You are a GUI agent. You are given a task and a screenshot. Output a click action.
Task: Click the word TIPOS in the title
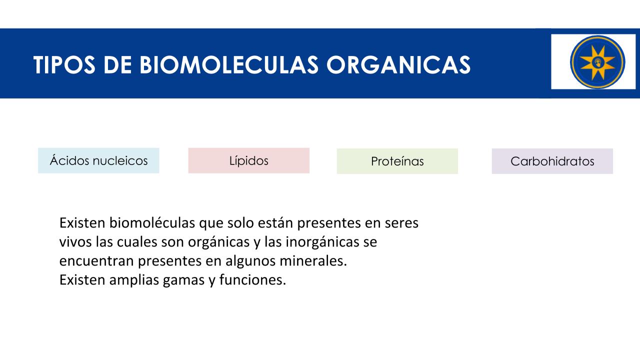(64, 65)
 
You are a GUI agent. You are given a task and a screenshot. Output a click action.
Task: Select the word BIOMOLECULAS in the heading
(229, 65)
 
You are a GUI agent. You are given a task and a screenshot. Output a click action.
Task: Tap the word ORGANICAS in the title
(398, 65)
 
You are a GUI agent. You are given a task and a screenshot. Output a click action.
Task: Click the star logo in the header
(597, 62)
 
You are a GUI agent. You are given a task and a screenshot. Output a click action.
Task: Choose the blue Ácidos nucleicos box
(98, 160)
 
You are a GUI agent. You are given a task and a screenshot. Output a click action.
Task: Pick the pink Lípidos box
(249, 160)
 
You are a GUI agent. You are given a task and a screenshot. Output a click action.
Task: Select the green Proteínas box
(397, 161)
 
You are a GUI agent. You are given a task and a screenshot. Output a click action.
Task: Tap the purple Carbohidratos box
(552, 161)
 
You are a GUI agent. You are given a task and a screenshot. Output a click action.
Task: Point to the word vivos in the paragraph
(75, 242)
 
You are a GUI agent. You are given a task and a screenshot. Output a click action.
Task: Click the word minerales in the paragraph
(313, 261)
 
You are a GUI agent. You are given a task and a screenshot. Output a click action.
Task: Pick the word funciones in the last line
(252, 279)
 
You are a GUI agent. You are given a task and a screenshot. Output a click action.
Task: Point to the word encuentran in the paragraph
(96, 261)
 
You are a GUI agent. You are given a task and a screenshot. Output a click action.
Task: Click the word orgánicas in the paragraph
(219, 242)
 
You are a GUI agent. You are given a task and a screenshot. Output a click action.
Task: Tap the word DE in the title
(117, 65)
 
